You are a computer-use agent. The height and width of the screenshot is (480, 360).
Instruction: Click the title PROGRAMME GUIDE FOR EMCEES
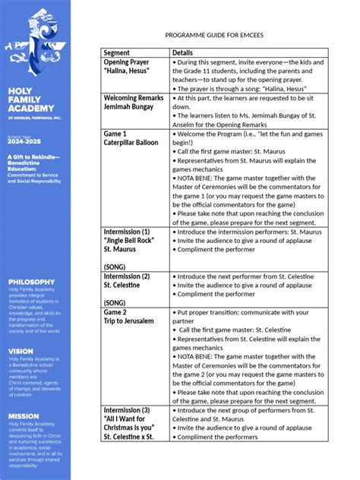click(x=229, y=36)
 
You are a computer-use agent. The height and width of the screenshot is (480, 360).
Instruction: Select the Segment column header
click(x=117, y=52)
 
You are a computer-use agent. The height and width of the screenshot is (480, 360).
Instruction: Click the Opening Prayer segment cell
click(x=127, y=66)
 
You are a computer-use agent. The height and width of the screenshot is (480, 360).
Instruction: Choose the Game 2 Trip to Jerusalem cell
click(x=129, y=317)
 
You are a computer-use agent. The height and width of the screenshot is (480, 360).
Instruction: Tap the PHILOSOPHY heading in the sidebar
click(x=32, y=281)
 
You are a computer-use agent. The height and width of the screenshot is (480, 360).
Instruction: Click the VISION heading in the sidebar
click(x=21, y=351)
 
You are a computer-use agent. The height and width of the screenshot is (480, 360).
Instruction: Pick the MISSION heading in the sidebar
click(x=24, y=416)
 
